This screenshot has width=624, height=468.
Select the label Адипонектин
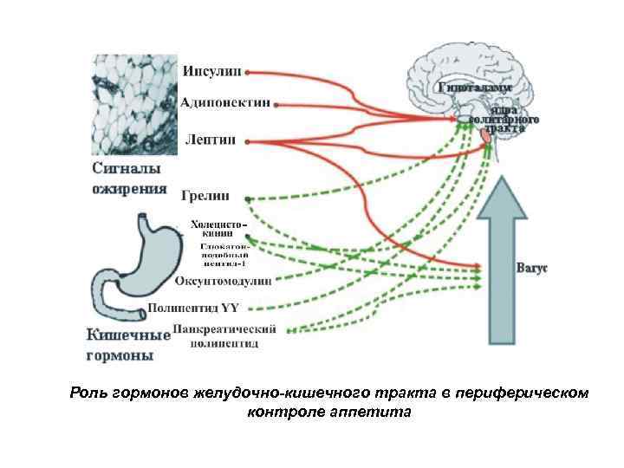225,103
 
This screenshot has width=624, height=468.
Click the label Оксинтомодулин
223,281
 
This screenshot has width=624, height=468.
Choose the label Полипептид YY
197,307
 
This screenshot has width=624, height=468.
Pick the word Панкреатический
224,329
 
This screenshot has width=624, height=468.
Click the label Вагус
533,268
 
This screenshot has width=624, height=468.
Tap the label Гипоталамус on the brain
473,88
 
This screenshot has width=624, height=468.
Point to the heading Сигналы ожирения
129,179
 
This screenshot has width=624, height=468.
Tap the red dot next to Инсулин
249,71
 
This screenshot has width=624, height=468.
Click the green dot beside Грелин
248,198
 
